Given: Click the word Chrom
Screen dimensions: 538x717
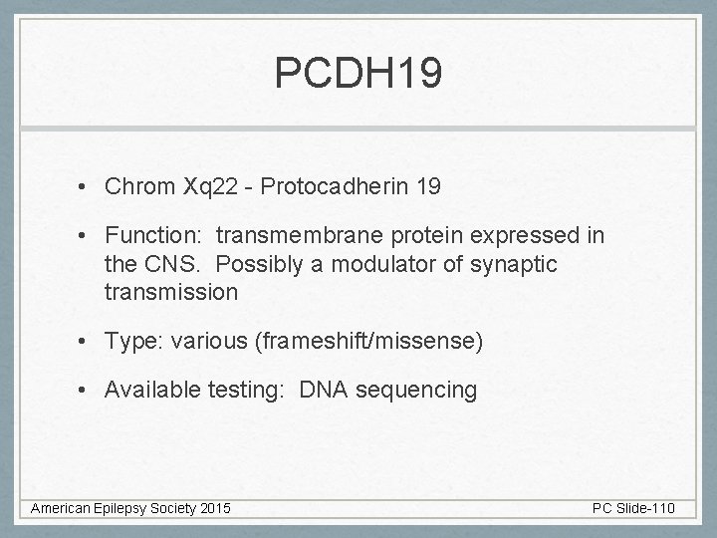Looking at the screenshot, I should coord(140,186).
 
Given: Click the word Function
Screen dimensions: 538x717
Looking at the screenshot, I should coord(150,236).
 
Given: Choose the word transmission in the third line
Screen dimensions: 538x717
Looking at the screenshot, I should coord(170,292).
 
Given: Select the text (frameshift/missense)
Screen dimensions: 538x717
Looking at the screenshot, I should coord(369,342).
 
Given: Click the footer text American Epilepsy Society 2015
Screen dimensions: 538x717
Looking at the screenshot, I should coord(130,509).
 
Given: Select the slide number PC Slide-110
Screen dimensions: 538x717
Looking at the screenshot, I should coord(633,509).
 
